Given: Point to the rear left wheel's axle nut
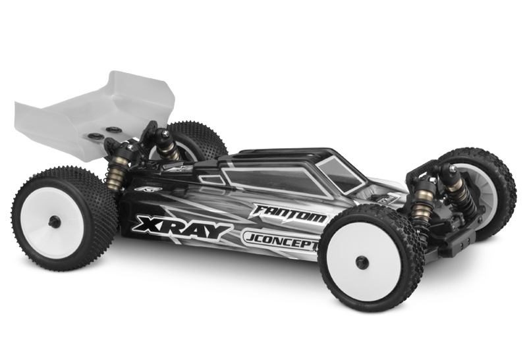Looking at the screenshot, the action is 55,221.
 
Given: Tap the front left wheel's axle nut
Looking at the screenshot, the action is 362,261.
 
